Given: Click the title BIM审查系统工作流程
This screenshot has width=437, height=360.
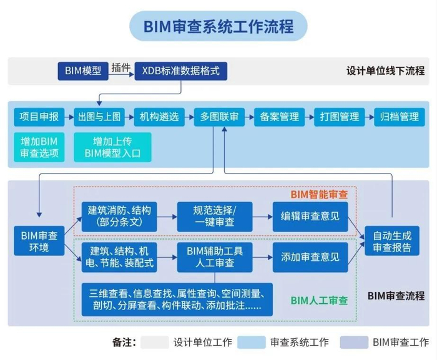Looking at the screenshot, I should (x=218, y=26).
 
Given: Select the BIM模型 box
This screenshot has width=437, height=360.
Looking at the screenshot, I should (x=82, y=71).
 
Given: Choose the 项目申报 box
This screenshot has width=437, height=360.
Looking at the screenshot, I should (x=38, y=117).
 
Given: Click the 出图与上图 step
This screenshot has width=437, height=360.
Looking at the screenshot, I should (x=99, y=117).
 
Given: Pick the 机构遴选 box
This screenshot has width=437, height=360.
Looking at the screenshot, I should (x=159, y=117).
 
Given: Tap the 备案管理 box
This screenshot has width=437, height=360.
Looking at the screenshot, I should (x=279, y=117).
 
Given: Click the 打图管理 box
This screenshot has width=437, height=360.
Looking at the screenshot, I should (x=340, y=117).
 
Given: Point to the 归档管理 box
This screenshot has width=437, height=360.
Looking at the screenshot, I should (x=400, y=117).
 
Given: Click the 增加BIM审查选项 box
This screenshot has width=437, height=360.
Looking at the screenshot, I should (x=38, y=147).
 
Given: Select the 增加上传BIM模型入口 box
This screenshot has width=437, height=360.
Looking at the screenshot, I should (x=113, y=147).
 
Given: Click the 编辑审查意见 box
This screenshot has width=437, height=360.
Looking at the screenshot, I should (x=310, y=216).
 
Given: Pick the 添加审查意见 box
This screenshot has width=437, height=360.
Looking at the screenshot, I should (x=310, y=256).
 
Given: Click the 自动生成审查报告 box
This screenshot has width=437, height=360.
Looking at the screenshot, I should (x=392, y=241).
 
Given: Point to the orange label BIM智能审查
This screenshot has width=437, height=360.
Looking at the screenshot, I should (x=319, y=194).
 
